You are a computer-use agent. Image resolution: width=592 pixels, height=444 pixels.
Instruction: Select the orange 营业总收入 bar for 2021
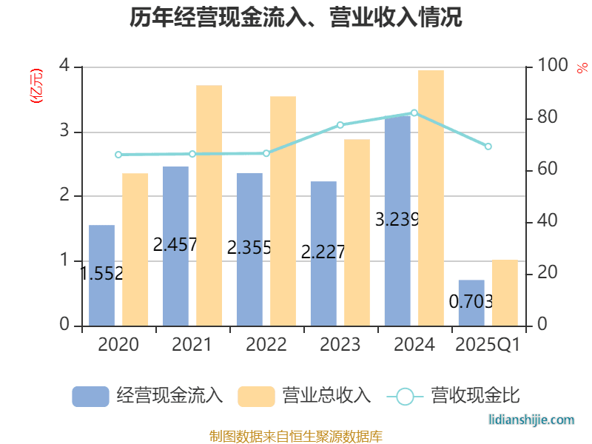(209, 205)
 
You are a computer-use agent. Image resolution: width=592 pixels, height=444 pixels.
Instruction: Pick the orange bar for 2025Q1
(505, 292)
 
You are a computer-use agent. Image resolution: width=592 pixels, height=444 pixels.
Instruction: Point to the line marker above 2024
(414, 113)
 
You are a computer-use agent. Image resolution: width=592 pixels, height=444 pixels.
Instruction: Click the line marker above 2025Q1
(488, 147)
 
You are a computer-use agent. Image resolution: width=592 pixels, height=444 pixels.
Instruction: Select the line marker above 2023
(340, 125)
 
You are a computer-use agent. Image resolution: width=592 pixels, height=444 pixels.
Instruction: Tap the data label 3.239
(397, 220)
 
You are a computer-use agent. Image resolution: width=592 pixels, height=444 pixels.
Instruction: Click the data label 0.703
(471, 302)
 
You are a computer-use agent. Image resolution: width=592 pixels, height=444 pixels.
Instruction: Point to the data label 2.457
(175, 245)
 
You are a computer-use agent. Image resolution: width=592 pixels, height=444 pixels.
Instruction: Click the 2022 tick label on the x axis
(266, 345)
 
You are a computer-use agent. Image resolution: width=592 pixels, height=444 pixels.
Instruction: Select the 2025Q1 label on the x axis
(488, 345)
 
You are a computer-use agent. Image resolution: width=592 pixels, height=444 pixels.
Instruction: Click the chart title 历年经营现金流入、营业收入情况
(296, 18)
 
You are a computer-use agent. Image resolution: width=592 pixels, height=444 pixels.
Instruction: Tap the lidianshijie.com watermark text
(532, 420)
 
